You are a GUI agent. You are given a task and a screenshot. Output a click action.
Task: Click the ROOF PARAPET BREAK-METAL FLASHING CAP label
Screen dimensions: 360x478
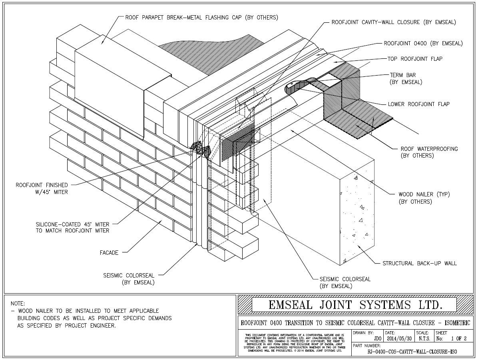(201, 18)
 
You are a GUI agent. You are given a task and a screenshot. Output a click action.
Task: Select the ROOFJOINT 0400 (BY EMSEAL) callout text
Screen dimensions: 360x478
(423, 43)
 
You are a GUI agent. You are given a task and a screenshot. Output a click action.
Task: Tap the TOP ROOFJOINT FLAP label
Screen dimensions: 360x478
(414, 59)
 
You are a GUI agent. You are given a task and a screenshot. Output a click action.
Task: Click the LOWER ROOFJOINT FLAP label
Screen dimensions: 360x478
(418, 104)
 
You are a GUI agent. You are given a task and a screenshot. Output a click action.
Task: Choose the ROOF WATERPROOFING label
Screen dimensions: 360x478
(429, 152)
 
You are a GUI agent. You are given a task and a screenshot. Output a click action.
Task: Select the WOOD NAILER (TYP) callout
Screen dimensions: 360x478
(424, 198)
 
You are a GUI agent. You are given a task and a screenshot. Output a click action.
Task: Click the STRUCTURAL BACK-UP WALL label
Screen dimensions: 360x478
(419, 263)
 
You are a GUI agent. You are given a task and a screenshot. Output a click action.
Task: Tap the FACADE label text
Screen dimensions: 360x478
(109, 252)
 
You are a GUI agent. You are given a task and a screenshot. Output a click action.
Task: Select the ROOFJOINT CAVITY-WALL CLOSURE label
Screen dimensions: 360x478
(393, 22)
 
